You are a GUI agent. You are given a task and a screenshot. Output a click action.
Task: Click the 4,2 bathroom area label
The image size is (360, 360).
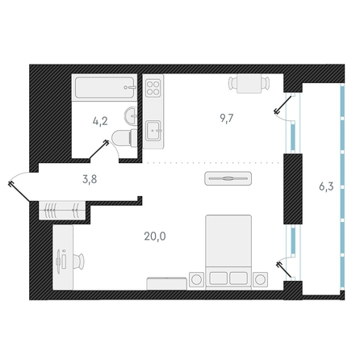pos(100,121)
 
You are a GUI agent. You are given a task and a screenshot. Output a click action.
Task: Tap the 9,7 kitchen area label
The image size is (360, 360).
pos(227,118)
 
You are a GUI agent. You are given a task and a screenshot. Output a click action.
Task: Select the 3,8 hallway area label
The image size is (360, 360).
pos(90,179)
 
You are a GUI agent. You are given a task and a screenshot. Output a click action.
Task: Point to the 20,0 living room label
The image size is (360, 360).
pos(155,237)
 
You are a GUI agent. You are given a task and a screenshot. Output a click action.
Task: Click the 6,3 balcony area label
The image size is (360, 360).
pos(326,186)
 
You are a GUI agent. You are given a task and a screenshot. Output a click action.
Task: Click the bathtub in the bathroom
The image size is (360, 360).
pos(104,87)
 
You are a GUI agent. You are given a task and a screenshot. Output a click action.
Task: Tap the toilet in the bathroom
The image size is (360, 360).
pos(124,138)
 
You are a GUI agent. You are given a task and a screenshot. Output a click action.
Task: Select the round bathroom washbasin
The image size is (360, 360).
pos(131,116)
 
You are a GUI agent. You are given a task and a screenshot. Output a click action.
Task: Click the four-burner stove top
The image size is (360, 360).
pos(153,88)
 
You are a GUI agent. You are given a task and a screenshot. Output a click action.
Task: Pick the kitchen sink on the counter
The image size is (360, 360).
pos(153,131)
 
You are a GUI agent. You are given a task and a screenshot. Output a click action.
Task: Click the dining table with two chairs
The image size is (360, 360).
pos(249,83)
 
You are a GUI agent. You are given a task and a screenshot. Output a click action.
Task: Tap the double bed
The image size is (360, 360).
pos(228,252)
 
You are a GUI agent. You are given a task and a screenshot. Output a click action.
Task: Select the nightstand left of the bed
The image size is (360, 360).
pos(197,279)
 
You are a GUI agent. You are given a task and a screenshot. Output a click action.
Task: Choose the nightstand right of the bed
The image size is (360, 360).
pos(260,279)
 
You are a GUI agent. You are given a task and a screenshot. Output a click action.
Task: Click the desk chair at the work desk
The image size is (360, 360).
pos(79,262)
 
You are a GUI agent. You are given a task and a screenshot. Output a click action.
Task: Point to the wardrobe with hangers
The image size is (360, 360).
pos(62,210)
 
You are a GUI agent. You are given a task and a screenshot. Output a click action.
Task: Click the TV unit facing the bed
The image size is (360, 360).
pos(228,178)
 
